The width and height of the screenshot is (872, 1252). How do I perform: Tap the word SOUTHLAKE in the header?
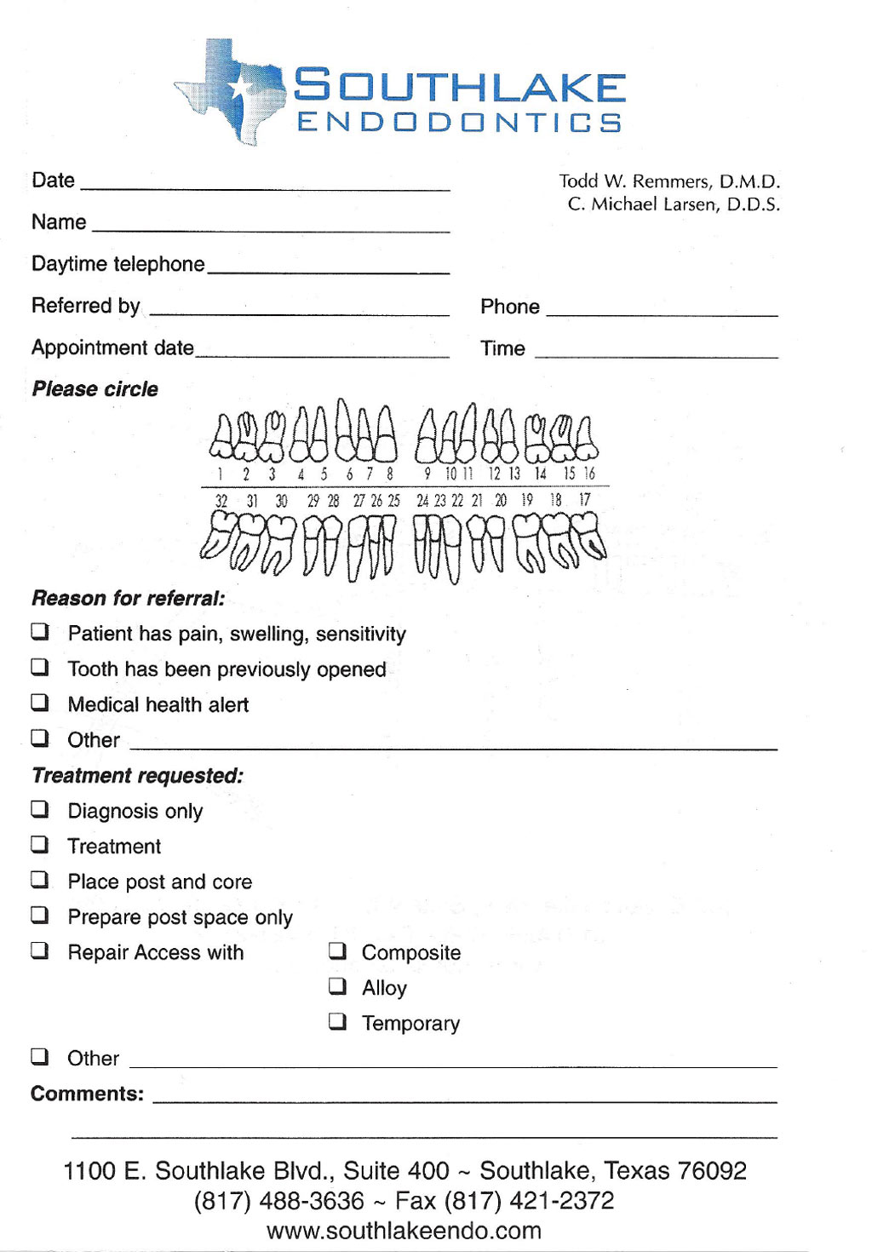[460, 87]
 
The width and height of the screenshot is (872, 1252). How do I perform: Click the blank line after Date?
[264, 187]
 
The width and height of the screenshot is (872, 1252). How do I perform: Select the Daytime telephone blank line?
[328, 270]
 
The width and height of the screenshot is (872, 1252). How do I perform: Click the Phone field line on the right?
[662, 313]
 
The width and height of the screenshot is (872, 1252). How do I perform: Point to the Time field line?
[656, 354]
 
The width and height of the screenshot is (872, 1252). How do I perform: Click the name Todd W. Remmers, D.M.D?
[669, 181]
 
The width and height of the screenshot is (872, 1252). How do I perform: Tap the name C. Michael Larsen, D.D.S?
[674, 204]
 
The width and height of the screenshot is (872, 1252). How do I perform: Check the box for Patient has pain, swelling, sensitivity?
[40, 632]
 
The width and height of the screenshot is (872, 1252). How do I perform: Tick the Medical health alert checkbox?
[40, 703]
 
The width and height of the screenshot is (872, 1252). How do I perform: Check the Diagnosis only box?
[40, 809]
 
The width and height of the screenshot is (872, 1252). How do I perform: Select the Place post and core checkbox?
[40, 880]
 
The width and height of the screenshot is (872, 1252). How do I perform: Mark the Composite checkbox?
[338, 950]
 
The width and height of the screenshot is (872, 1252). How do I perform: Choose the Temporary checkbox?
[338, 1021]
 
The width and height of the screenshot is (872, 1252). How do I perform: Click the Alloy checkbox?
[338, 986]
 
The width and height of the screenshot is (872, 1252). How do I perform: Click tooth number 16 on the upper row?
[587, 439]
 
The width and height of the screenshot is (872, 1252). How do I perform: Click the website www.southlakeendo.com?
[404, 1231]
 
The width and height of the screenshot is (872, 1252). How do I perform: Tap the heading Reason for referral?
[129, 598]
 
